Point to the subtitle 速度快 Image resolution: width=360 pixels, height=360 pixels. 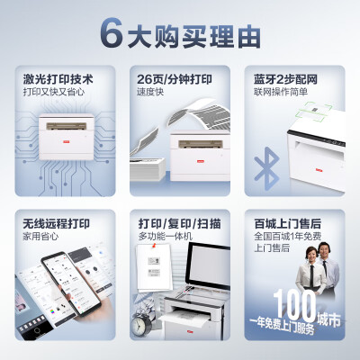[152, 91]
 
